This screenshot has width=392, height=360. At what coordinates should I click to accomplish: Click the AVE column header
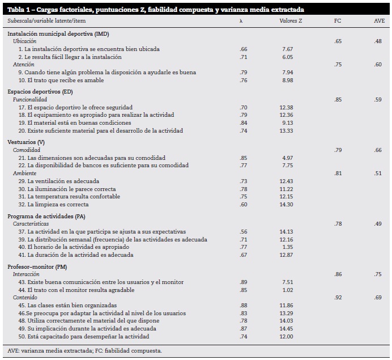(x=379, y=20)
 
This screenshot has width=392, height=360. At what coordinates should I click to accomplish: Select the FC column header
(x=338, y=20)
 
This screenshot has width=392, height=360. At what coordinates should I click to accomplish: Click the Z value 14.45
(x=286, y=329)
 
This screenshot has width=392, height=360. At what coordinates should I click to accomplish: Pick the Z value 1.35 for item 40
(x=287, y=247)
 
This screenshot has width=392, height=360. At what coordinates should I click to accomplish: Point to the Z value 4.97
(x=287, y=158)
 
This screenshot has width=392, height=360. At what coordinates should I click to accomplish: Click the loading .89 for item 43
(x=243, y=282)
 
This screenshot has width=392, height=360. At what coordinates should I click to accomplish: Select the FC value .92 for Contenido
(x=338, y=297)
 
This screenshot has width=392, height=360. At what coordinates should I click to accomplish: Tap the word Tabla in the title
(x=16, y=10)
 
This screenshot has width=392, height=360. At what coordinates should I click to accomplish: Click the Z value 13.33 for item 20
(x=286, y=130)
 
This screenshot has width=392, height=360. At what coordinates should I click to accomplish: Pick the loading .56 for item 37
(x=243, y=231)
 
